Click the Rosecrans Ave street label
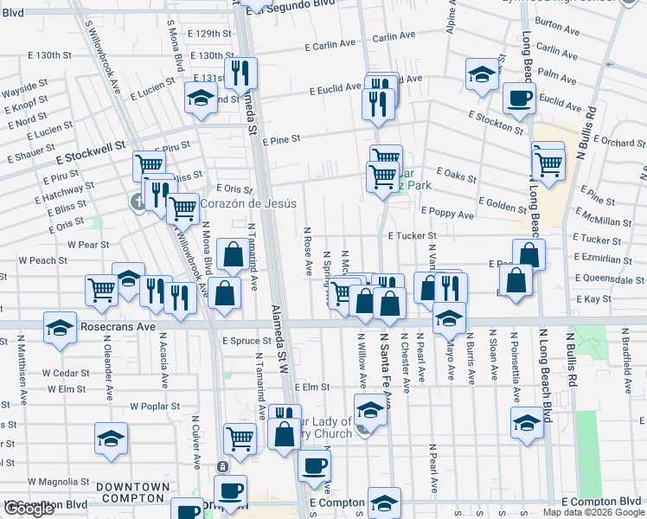pyautogui.click(x=118, y=328)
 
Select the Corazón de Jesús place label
pyautogui.click(x=248, y=204)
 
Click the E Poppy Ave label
pyautogui.click(x=447, y=213)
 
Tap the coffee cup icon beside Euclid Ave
pyautogui.click(x=519, y=99)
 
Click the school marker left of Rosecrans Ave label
pyautogui.click(x=60, y=329)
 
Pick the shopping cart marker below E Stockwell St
pyautogui.click(x=149, y=164)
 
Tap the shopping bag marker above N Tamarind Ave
pyautogui.click(x=233, y=254)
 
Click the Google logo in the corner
pyautogui.click(x=29, y=509)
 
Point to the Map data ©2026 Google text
pyautogui.click(x=593, y=512)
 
